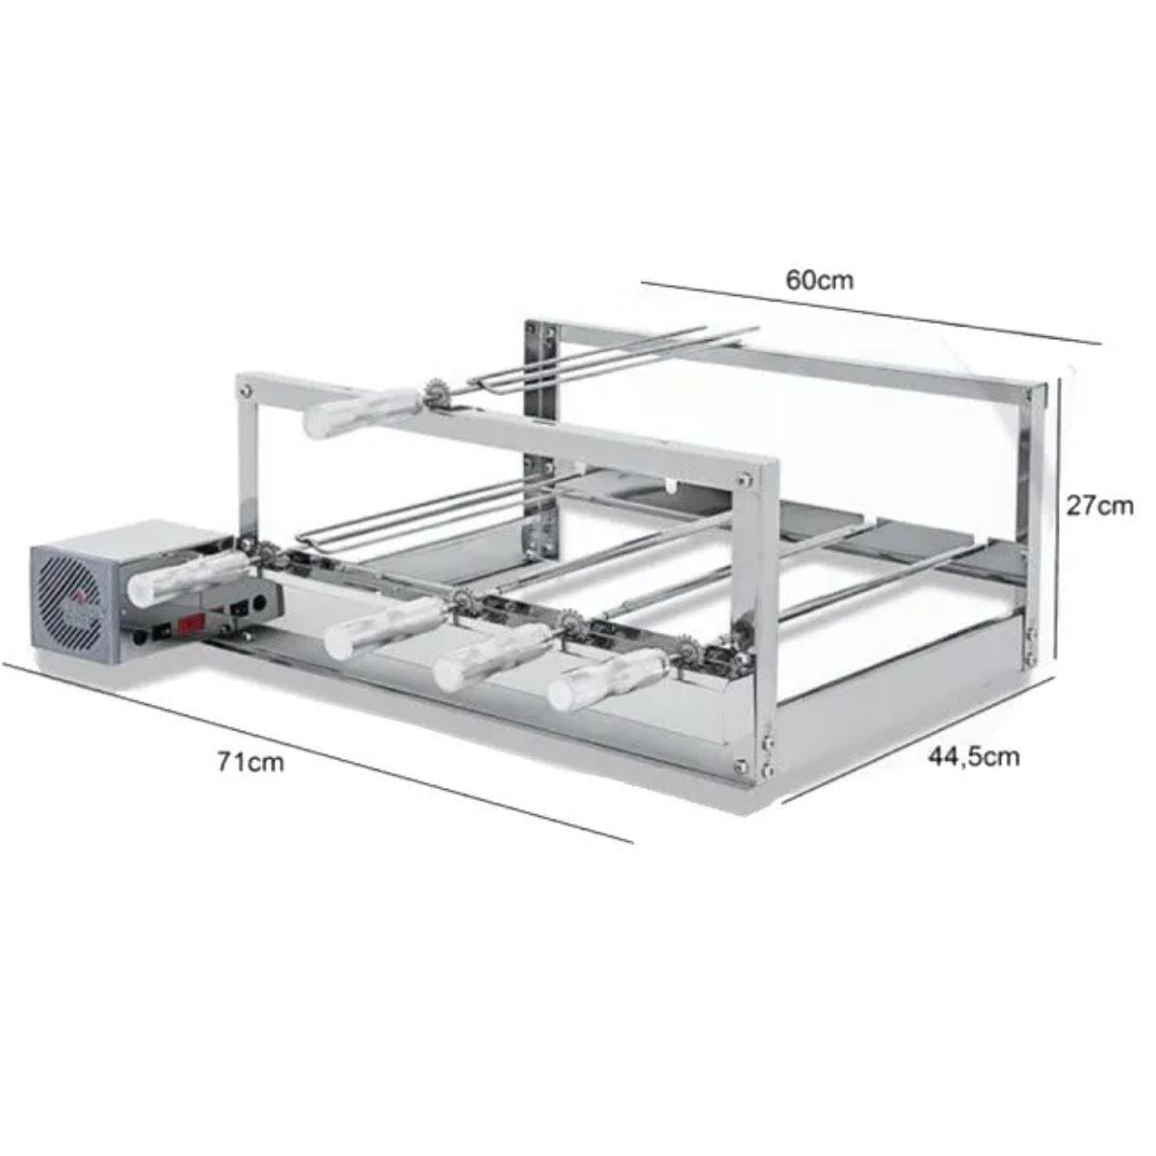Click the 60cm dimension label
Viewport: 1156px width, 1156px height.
(x=820, y=280)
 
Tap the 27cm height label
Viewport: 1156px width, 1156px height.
(x=1099, y=505)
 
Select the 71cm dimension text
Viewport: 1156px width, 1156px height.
(x=250, y=762)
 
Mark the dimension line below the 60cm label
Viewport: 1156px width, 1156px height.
(x=867, y=312)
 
